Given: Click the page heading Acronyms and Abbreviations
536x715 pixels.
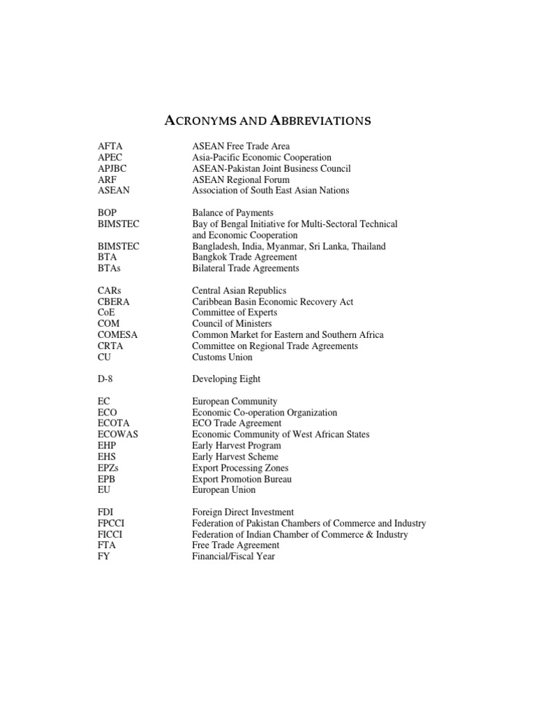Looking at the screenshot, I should click(267, 121).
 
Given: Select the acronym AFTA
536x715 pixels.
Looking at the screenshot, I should click(110, 147).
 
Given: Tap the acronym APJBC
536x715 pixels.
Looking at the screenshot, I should click(113, 169).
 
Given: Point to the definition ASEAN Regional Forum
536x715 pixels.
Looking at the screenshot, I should click(241, 180).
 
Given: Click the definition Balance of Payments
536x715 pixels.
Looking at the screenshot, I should click(233, 213).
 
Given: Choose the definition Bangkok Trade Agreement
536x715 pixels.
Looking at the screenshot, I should click(244, 258).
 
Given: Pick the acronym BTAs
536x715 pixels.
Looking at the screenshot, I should click(110, 269).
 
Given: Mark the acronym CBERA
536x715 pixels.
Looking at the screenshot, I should click(114, 302).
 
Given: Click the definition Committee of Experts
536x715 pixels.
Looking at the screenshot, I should click(234, 314).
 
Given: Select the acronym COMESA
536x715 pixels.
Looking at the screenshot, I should click(118, 335).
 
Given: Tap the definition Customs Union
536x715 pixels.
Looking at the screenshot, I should click(223, 357).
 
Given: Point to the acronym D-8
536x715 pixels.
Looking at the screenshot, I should click(107, 379).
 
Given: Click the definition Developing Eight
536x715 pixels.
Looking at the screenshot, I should click(226, 379).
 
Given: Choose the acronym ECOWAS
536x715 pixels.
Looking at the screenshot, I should click(118, 434).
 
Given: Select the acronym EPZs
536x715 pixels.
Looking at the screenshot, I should click(110, 468).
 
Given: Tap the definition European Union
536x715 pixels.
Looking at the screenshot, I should click(224, 490).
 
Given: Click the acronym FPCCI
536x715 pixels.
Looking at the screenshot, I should click(112, 524).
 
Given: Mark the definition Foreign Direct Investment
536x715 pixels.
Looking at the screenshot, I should click(243, 513).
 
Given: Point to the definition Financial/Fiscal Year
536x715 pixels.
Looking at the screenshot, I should click(233, 556).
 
